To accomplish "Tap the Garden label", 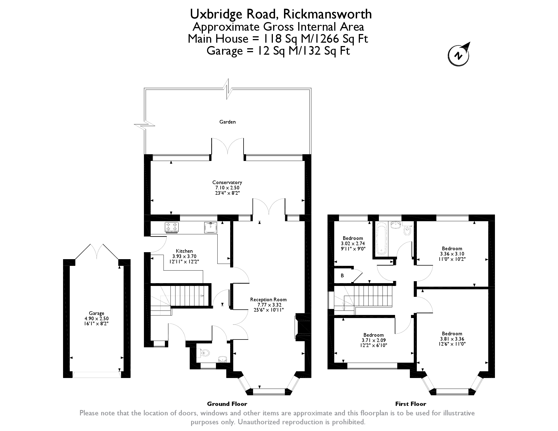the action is pyautogui.click(x=227, y=122).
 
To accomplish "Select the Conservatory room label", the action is pyautogui.click(x=227, y=182).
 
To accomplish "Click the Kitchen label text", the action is pyautogui.click(x=184, y=251).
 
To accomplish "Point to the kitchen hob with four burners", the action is pyautogui.click(x=172, y=227).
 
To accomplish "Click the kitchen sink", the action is pyautogui.click(x=211, y=227).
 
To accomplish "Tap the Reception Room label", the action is pyautogui.click(x=268, y=300).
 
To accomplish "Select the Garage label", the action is pyautogui.click(x=97, y=313).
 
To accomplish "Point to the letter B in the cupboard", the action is pyautogui.click(x=342, y=276).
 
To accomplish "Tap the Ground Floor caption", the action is pyautogui.click(x=227, y=404).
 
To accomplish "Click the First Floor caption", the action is pyautogui.click(x=411, y=404).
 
